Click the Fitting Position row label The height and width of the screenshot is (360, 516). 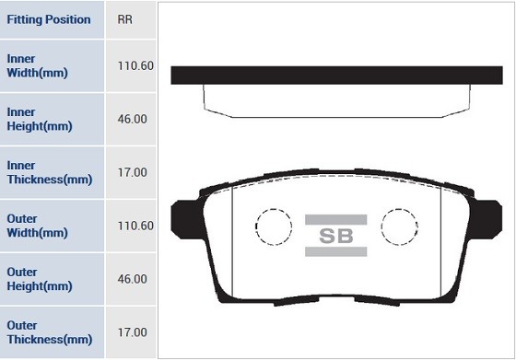point(49,19)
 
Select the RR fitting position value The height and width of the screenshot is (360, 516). point(125,19)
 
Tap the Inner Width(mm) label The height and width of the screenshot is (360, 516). point(38,65)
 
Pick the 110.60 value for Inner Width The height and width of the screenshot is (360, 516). point(135,65)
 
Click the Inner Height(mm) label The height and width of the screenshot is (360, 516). point(39,119)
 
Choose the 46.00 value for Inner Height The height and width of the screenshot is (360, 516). point(133,119)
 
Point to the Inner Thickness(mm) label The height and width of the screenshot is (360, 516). point(50,172)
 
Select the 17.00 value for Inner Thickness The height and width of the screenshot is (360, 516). point(133,172)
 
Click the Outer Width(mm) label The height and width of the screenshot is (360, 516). point(38,226)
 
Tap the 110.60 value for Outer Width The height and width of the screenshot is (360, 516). point(135,226)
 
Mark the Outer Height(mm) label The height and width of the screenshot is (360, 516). point(39,279)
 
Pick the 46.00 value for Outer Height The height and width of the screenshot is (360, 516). point(133,279)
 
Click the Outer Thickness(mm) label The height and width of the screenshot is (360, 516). point(50,331)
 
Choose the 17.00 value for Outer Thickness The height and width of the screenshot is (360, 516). point(133,331)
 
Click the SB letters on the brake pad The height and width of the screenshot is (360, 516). point(336,236)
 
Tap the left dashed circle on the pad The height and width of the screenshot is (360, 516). point(273,226)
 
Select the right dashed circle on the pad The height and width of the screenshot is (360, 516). point(400,226)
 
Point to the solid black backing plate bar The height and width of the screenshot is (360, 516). point(336,75)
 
